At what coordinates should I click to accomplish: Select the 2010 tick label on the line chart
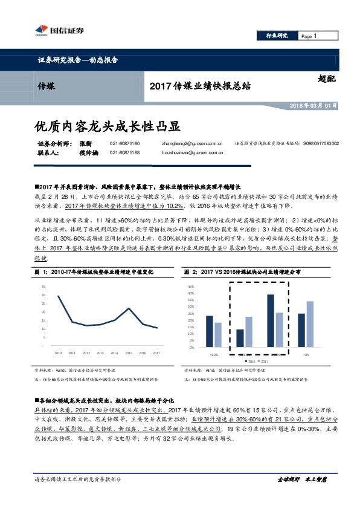tap(58, 352)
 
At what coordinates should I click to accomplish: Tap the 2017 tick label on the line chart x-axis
tap(156, 352)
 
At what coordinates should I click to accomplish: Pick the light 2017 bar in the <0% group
tap(309, 325)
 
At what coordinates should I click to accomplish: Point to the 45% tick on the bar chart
tap(191, 286)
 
